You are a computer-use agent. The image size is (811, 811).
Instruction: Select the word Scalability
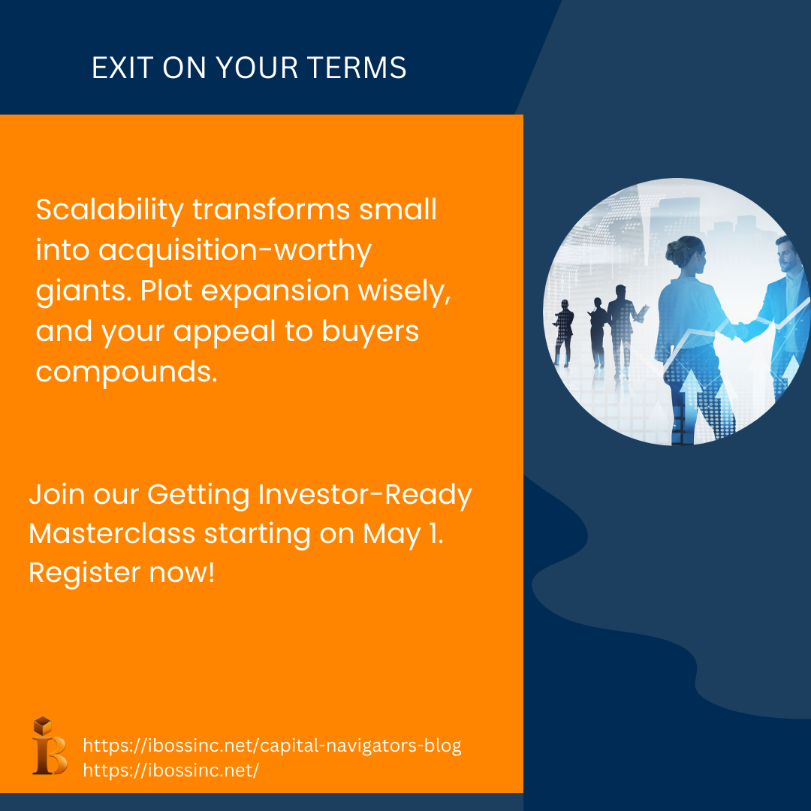point(110,211)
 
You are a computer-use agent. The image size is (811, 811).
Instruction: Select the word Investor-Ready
point(365,495)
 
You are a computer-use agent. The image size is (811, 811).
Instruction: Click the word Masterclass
point(112,534)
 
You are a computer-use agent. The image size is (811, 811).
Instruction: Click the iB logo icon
point(50,746)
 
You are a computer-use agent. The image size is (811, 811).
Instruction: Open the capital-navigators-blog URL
point(272,746)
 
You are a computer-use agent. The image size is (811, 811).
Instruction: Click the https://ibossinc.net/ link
point(170,770)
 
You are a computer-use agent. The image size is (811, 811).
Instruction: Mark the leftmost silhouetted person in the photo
point(562,333)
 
